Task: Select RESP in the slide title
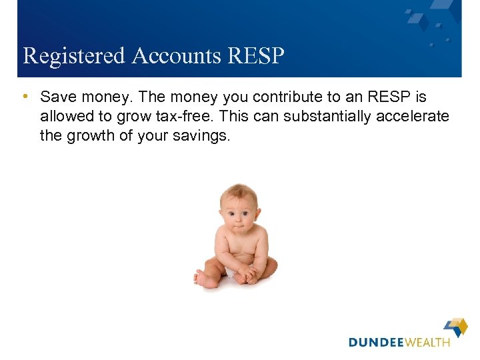256,56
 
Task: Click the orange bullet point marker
24,97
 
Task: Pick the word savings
201,136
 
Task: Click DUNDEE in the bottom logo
377,342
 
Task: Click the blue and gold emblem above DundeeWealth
456,326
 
